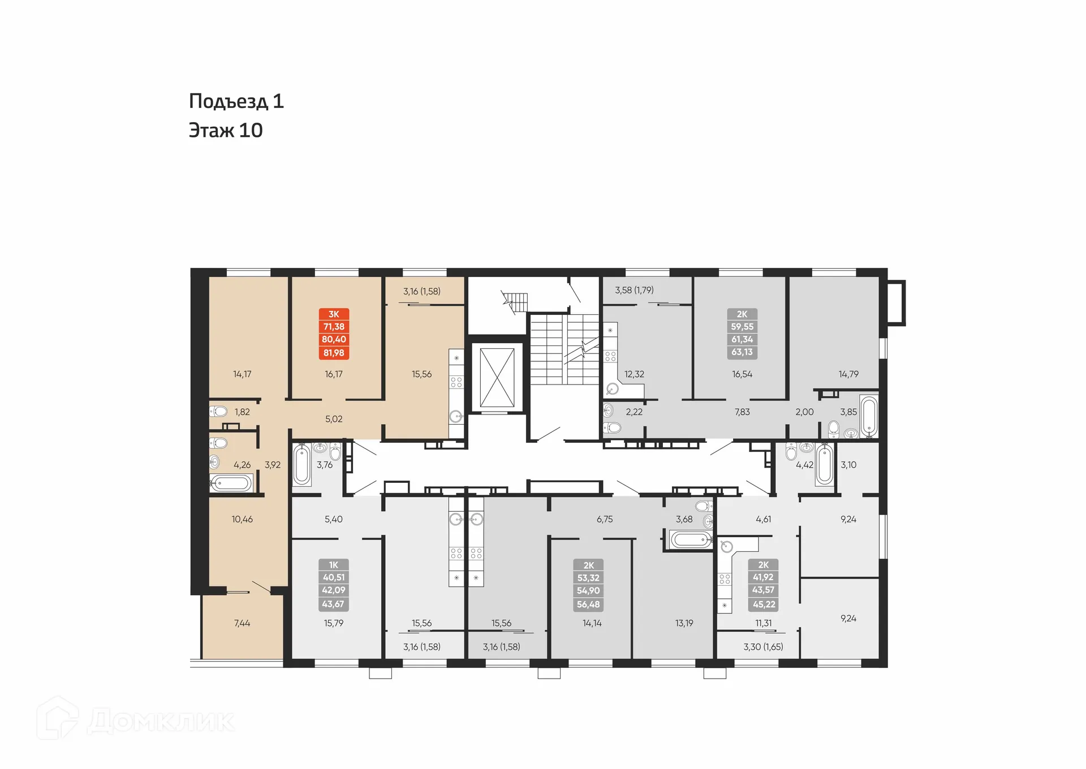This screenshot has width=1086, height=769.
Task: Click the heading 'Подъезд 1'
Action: [236, 102]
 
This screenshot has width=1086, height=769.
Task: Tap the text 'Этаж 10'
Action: [225, 131]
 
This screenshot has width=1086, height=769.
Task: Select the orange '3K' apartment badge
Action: [334, 314]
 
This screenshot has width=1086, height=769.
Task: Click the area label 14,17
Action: [242, 374]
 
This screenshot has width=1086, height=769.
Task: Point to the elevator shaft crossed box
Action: [497, 378]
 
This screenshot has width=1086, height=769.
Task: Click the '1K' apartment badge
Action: [334, 565]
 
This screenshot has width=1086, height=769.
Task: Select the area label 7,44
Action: [242, 623]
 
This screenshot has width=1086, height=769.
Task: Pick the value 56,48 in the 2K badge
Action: [588, 604]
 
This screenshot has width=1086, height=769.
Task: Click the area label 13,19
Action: [684, 623]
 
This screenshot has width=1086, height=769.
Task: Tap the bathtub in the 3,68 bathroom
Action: [690, 539]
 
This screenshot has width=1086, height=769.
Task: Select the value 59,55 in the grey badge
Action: [742, 327]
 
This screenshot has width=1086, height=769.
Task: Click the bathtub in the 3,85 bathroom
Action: [869, 416]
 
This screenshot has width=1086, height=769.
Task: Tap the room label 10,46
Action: [242, 519]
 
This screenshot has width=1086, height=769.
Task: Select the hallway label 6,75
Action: [605, 519]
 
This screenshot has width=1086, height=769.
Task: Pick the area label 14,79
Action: [848, 374]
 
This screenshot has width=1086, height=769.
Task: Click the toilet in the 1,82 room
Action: [219, 411]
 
